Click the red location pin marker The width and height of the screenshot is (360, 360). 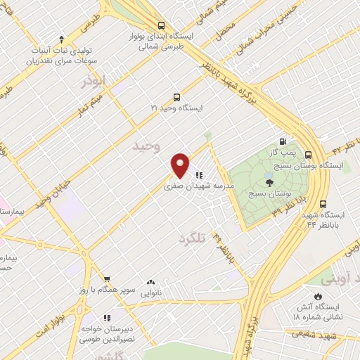pyautogui.click(x=181, y=166)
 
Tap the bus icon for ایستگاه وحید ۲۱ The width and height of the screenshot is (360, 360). pyautogui.click(x=176, y=98)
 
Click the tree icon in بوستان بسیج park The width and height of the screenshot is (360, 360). pyautogui.click(x=271, y=181)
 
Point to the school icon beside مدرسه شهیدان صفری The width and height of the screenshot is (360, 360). pyautogui.click(x=200, y=176)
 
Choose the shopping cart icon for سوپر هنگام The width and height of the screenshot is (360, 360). pyautogui.click(x=106, y=279)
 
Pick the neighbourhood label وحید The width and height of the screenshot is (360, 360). pyautogui.click(x=147, y=146)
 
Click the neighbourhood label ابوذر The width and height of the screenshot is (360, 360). pyautogui.click(x=93, y=81)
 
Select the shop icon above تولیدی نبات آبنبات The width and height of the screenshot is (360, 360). pyautogui.click(x=62, y=39)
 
